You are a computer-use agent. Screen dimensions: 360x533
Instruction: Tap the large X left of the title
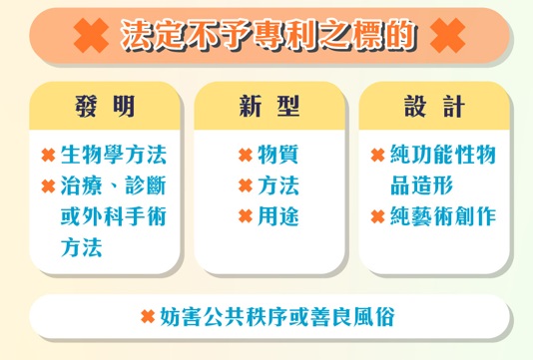click(92, 36)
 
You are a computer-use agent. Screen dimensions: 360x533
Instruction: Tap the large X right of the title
click(445, 36)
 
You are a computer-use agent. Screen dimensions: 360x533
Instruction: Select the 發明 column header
click(105, 106)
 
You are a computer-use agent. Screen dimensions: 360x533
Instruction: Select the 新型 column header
click(267, 106)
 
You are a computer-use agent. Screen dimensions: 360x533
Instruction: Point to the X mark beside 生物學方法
click(48, 156)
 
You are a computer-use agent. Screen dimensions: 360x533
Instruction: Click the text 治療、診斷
click(113, 185)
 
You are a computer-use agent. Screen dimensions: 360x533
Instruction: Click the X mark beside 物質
click(245, 156)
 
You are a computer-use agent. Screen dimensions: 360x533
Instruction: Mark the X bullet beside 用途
click(245, 216)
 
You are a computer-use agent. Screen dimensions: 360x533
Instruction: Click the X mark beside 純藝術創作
click(377, 216)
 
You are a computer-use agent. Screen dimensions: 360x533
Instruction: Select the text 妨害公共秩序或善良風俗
click(277, 317)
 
